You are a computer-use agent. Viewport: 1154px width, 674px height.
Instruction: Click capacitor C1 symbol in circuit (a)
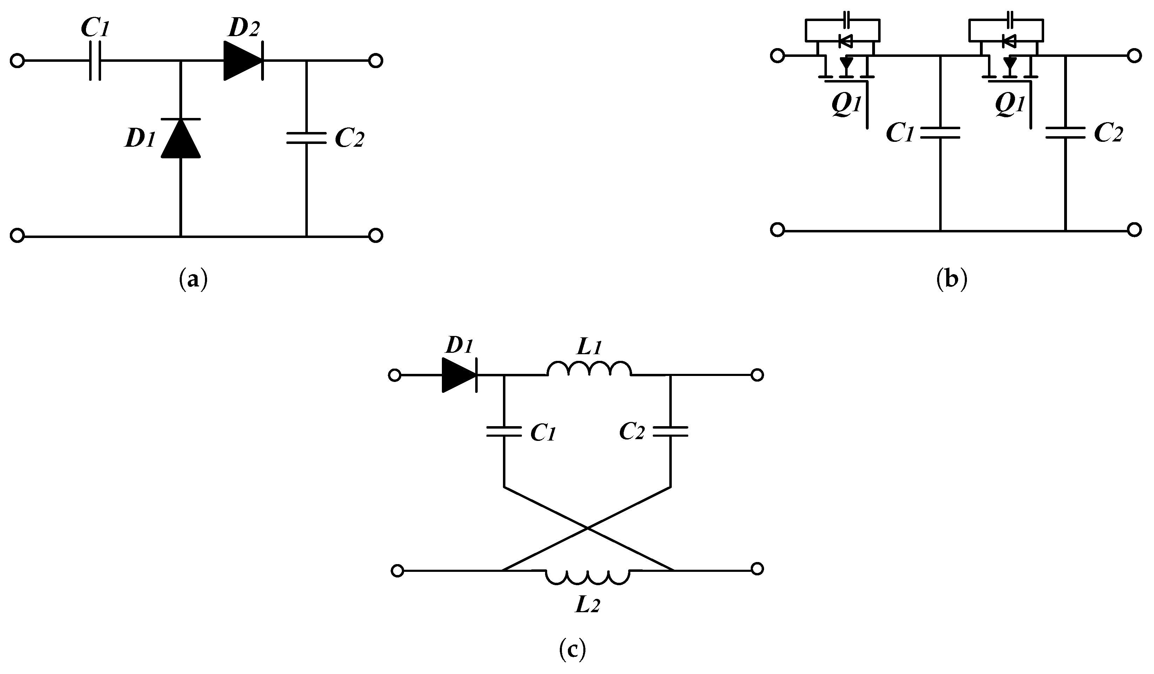pos(95,61)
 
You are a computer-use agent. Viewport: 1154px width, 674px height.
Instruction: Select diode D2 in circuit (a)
pos(243,61)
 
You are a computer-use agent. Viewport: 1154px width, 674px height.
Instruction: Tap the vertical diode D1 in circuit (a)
pos(181,138)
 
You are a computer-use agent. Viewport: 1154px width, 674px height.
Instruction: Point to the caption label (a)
pos(193,279)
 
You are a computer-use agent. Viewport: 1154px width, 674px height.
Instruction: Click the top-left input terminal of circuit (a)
pos(17,61)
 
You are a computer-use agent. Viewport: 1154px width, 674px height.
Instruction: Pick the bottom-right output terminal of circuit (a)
pos(376,236)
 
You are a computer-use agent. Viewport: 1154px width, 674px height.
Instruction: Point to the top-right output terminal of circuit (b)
pos(1134,56)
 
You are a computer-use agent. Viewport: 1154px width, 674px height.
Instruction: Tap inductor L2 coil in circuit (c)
pos(588,576)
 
